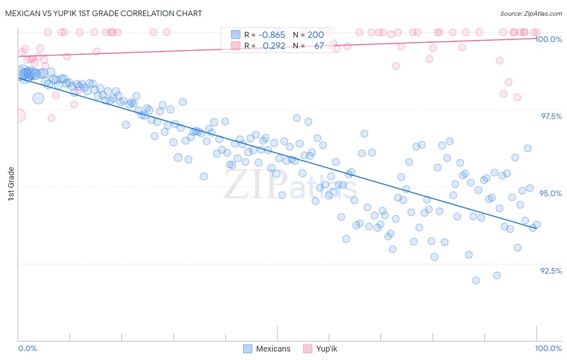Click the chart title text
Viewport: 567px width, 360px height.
tap(104, 13)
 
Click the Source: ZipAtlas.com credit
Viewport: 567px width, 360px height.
tap(531, 13)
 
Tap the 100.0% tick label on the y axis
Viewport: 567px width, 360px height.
tap(548, 39)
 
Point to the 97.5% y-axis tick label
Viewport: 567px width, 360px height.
tap(551, 116)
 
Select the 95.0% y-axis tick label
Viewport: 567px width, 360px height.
tap(551, 193)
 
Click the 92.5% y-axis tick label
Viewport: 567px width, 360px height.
tap(551, 271)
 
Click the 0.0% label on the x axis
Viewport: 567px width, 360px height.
tap(27, 348)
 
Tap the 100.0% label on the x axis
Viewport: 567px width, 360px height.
tap(548, 348)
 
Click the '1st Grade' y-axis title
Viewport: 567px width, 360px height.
tap(11, 184)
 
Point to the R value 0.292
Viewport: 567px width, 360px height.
tap(274, 46)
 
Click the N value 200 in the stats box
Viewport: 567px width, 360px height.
tap(316, 35)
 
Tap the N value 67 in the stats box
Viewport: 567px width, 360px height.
tap(319, 46)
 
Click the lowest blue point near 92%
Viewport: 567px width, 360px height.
tap(476, 280)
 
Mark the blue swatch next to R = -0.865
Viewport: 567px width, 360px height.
tap(236, 35)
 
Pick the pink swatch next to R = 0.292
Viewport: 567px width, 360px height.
tap(236, 46)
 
